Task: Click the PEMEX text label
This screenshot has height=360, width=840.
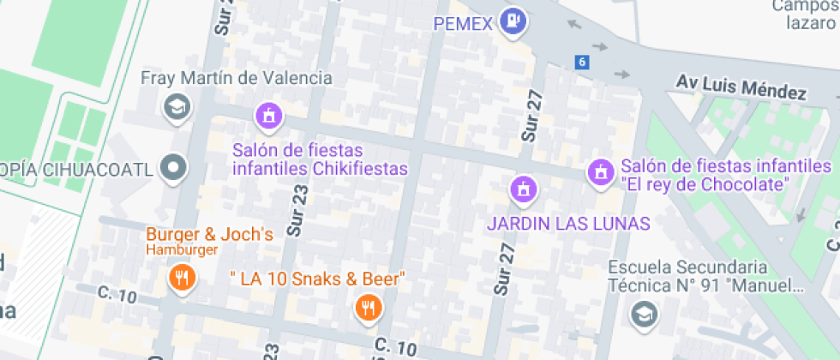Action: [x=463, y=24]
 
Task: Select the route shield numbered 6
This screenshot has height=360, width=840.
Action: [x=583, y=62]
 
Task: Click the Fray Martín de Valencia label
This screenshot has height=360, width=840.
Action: [x=236, y=78]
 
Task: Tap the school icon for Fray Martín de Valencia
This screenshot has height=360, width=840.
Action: [x=177, y=108]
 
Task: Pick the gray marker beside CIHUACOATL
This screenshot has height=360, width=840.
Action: [x=176, y=168]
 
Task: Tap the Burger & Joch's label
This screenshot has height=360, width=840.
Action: [x=209, y=234]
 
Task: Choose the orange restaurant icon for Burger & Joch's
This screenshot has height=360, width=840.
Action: [x=181, y=277]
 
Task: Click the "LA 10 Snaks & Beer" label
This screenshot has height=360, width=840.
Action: [x=317, y=279]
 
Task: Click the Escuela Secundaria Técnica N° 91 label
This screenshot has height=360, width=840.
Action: [x=707, y=276]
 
